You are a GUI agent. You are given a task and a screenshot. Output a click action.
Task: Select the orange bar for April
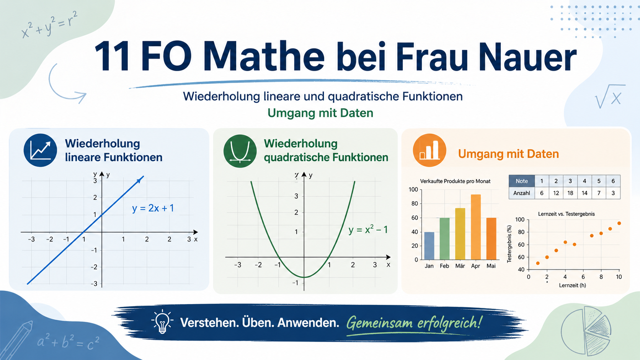476,227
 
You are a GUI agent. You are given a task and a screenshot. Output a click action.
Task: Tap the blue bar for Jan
429,246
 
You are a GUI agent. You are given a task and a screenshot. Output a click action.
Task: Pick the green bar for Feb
444,239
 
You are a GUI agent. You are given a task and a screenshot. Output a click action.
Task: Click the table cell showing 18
570,193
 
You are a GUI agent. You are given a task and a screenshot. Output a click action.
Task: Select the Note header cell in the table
522,181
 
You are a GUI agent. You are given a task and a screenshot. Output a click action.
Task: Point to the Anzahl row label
522,193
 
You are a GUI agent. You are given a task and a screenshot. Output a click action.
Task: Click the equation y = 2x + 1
153,208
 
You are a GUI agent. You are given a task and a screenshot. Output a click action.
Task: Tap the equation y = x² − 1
368,229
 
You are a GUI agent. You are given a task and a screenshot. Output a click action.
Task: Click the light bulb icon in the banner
162,322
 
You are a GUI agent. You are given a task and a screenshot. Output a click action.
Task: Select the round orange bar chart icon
429,150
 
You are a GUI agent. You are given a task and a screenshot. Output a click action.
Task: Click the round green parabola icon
240,151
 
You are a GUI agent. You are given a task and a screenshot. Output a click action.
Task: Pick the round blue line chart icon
40,150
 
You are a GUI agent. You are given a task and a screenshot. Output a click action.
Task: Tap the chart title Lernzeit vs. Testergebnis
566,214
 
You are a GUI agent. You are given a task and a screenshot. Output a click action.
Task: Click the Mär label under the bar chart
460,266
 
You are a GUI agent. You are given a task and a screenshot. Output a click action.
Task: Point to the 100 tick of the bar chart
413,189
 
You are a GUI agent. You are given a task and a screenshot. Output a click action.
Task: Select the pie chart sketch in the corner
586,331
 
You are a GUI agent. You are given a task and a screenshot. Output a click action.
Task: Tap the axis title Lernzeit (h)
572,285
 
